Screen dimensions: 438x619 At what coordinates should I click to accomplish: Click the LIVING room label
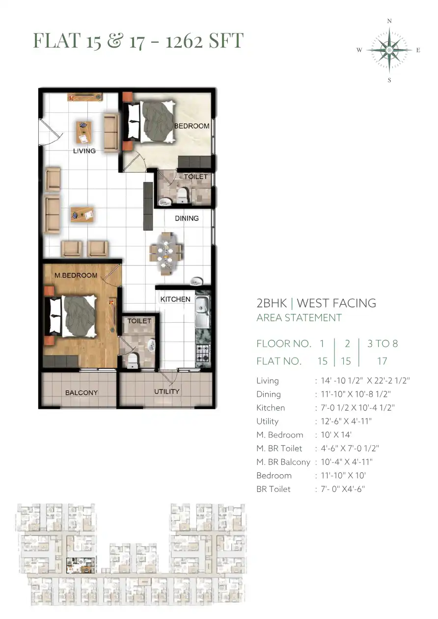click(x=84, y=151)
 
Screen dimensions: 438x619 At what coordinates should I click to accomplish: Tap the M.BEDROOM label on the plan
click(x=76, y=275)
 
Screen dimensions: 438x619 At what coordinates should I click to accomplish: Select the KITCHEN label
click(x=175, y=299)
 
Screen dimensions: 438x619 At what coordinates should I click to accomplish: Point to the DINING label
click(x=187, y=218)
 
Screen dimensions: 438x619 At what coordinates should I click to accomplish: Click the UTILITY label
click(x=166, y=391)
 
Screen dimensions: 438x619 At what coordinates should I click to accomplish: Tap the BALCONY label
click(x=82, y=393)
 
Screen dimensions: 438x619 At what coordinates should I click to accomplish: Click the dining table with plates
click(x=166, y=254)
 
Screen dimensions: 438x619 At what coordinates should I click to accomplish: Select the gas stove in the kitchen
click(x=203, y=353)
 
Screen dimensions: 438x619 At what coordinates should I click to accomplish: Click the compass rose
click(x=389, y=50)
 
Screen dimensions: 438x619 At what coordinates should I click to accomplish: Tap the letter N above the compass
click(x=389, y=21)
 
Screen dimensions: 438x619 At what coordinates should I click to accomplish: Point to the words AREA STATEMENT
click(x=299, y=318)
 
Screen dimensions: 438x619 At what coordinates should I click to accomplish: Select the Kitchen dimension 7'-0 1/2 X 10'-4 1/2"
click(x=357, y=408)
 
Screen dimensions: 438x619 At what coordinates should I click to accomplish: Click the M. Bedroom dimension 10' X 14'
click(x=336, y=435)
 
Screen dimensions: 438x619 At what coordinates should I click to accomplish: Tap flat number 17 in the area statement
click(x=382, y=361)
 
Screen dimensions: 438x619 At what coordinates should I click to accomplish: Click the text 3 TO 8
click(x=383, y=343)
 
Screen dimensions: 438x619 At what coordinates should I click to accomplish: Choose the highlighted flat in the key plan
click(x=81, y=566)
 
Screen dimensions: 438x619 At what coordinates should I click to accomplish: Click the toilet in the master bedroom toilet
click(x=132, y=361)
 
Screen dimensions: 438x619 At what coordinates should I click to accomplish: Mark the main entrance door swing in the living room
click(x=51, y=132)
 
